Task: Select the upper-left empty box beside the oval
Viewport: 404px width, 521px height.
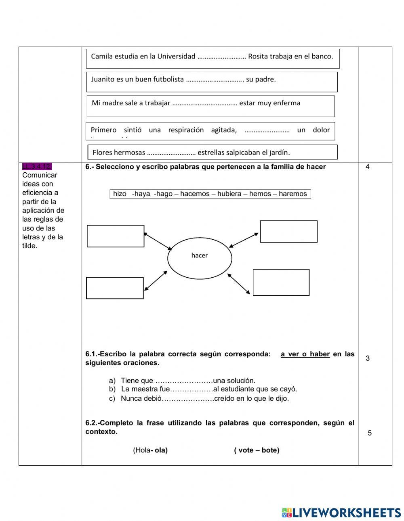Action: pyautogui.click(x=116, y=236)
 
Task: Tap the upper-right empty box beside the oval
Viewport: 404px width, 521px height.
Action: pyautogui.click(x=288, y=231)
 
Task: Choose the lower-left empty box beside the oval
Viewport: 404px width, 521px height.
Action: pyautogui.click(x=115, y=288)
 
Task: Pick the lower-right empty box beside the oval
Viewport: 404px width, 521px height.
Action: pyautogui.click(x=281, y=282)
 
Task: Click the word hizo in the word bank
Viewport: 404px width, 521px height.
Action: pyautogui.click(x=120, y=194)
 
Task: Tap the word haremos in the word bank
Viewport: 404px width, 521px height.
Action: pyautogui.click(x=292, y=194)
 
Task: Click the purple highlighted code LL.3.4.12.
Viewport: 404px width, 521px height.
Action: pyautogui.click(x=37, y=166)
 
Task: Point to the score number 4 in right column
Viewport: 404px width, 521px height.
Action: pyautogui.click(x=367, y=167)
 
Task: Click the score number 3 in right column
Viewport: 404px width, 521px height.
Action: pyautogui.click(x=367, y=358)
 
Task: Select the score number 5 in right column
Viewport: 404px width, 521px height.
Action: pyautogui.click(x=369, y=433)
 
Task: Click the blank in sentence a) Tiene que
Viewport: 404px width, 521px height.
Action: pyautogui.click(x=184, y=381)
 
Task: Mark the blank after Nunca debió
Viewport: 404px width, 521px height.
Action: pyautogui.click(x=188, y=398)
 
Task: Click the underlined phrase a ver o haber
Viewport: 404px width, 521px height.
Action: pyautogui.click(x=305, y=354)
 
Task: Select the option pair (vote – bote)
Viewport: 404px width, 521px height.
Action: pyautogui.click(x=257, y=450)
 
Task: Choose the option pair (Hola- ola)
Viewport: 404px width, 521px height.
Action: pyautogui.click(x=150, y=450)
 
